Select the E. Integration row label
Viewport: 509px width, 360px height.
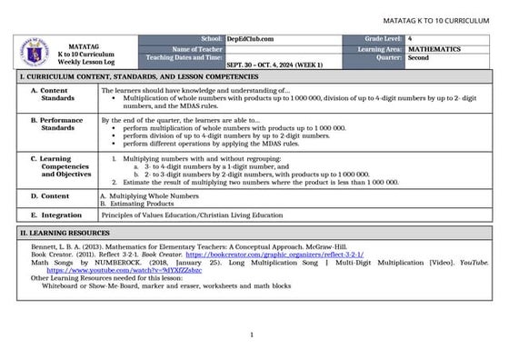pos(55,215)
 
